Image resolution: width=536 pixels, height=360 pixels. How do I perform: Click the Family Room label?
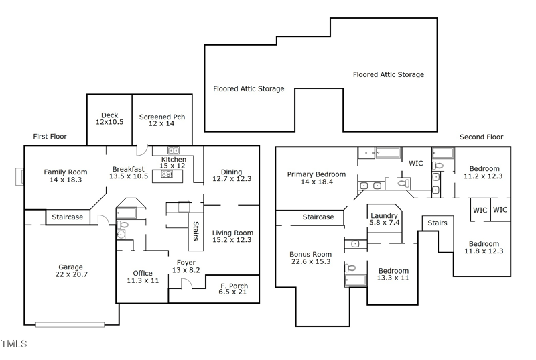tap(66, 172)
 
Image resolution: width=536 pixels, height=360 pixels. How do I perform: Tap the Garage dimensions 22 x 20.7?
tap(72, 275)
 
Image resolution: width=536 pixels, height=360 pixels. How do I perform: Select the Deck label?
tap(109, 115)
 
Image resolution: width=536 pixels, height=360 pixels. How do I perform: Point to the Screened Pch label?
tap(161, 117)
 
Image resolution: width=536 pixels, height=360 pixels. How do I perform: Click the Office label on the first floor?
tap(143, 273)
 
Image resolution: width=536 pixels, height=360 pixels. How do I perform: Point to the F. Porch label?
tap(233, 286)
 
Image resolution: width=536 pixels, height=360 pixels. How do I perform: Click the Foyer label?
tap(186, 262)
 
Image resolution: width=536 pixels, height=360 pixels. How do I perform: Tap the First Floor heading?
tap(50, 137)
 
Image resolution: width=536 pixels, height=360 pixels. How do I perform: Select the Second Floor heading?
tap(481, 137)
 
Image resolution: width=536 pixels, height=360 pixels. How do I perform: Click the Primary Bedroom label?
tap(316, 174)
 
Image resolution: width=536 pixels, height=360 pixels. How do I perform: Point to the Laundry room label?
tap(384, 216)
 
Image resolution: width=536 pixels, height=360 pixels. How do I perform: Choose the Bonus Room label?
tap(310, 254)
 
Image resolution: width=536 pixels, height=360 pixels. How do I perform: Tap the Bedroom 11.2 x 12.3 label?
tap(484, 169)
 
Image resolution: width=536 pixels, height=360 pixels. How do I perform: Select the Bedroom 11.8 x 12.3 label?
tap(484, 244)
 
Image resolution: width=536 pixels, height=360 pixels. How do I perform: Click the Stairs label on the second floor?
tap(437, 223)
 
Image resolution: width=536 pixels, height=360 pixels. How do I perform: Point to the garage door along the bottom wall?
tap(70, 325)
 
